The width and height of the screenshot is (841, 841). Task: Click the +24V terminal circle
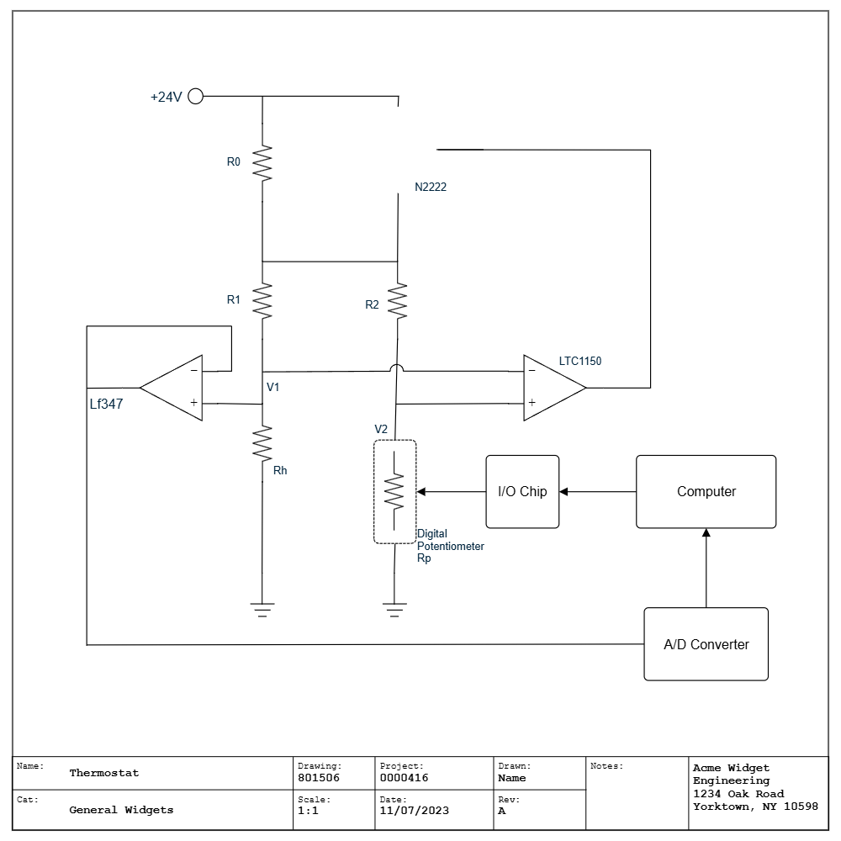(195, 96)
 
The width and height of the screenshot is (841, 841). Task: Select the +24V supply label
(166, 98)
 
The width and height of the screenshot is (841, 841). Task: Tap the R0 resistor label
(234, 161)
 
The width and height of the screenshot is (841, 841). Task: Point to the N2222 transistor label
(431, 187)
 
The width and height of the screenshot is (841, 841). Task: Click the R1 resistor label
(234, 299)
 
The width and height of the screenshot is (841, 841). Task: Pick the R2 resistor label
(373, 304)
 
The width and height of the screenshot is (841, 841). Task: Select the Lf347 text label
(106, 404)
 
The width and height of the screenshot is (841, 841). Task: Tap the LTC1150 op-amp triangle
(548, 388)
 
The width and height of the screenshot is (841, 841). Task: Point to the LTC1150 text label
(580, 361)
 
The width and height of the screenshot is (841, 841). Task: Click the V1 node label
(272, 387)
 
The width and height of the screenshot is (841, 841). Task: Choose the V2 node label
(381, 429)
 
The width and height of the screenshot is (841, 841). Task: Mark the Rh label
(280, 470)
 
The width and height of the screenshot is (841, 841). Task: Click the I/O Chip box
(522, 492)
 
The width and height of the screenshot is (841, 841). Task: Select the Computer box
(706, 492)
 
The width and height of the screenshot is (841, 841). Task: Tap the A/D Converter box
(706, 644)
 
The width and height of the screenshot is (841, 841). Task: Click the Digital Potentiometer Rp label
(450, 546)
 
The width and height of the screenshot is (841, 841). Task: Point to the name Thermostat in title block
(104, 773)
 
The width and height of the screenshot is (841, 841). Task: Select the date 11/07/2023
(414, 811)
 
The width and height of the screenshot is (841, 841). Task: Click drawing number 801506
(319, 778)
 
